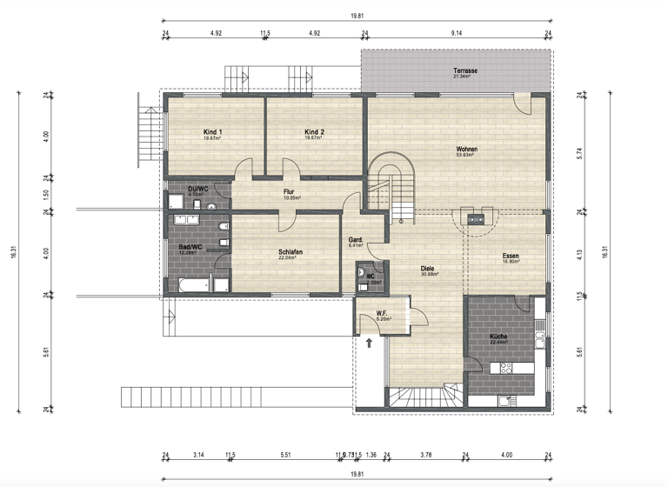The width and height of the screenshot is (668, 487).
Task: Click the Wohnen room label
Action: [x=466, y=150]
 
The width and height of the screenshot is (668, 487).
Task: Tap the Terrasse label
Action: [x=464, y=70]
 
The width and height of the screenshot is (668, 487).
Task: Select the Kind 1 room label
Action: [x=212, y=132]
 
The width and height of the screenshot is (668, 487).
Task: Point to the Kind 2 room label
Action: [x=314, y=132]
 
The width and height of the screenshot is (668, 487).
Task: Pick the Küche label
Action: [x=498, y=337]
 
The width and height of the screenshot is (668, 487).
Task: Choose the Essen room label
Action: [x=511, y=256]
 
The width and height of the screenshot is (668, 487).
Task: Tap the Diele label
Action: [x=427, y=269]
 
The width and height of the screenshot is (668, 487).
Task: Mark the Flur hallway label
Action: [x=291, y=192]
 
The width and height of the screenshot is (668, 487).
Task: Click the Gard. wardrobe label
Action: [x=355, y=240]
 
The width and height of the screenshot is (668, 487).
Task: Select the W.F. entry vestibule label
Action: [x=382, y=313]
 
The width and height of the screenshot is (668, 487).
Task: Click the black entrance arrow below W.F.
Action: [x=369, y=343]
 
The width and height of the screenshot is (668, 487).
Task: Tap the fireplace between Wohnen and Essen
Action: [x=475, y=218]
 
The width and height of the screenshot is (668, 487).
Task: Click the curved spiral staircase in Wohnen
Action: [x=391, y=178]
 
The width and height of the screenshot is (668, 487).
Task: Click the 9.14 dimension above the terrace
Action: [x=457, y=33]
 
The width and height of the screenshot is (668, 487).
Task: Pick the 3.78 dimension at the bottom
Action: [x=425, y=454]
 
